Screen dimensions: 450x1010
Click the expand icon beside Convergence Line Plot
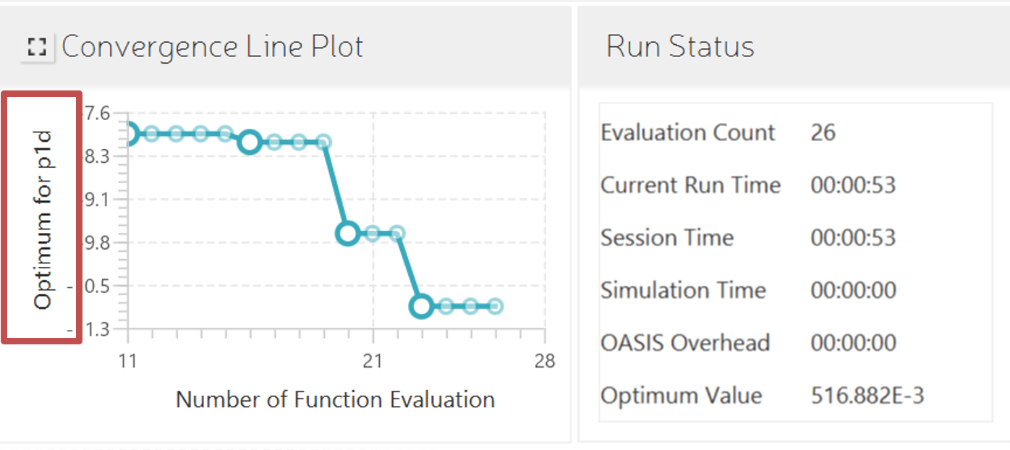(x=36, y=48)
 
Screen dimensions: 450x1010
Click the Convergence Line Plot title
(x=212, y=47)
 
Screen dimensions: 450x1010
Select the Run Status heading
(x=680, y=47)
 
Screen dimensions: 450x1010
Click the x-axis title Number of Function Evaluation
(x=335, y=399)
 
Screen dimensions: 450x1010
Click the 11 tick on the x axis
(x=128, y=360)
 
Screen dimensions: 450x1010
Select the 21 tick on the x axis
(x=373, y=360)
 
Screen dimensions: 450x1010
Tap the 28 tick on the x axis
(x=544, y=360)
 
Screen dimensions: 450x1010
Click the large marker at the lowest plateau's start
(x=421, y=306)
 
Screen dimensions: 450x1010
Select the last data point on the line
(x=495, y=306)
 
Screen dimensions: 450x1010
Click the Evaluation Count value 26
(x=823, y=132)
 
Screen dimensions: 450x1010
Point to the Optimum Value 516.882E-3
(x=867, y=396)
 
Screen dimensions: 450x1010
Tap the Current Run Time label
(x=690, y=185)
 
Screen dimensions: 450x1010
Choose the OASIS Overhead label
(x=684, y=343)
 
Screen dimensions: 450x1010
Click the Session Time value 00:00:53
(x=853, y=238)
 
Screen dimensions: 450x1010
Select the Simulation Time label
(x=683, y=290)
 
